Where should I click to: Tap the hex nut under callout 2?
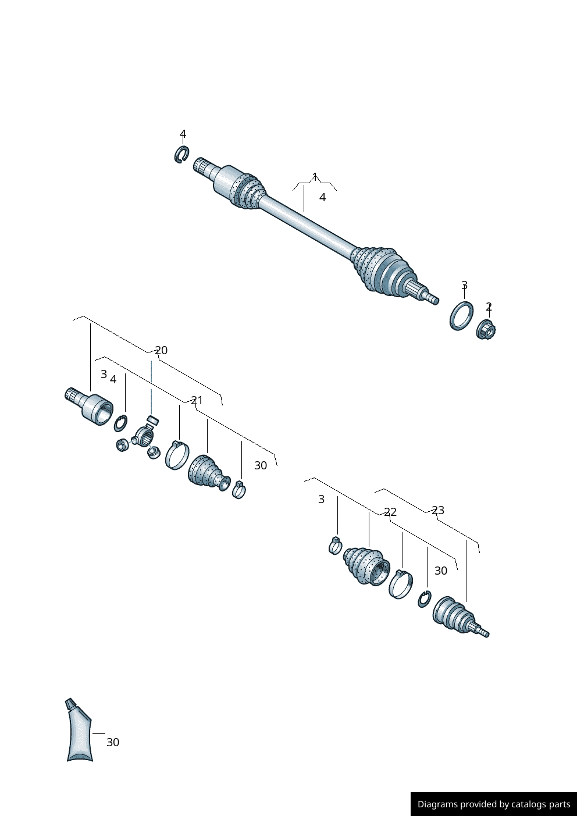pos(485,330)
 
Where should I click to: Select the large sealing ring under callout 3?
pos(461,316)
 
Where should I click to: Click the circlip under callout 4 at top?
pos(181,154)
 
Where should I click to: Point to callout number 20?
pos(161,350)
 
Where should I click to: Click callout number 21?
pos(197,400)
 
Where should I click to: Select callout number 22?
pos(390,512)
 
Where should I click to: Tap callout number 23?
pos(438,510)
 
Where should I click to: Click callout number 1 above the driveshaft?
pos(315,176)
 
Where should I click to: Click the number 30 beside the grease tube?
pos(113,742)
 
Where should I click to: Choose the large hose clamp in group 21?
pos(177,455)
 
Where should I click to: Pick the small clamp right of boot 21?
pos(238,490)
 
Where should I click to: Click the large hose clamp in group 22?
pos(400,584)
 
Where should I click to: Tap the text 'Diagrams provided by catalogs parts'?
pos(494,804)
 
